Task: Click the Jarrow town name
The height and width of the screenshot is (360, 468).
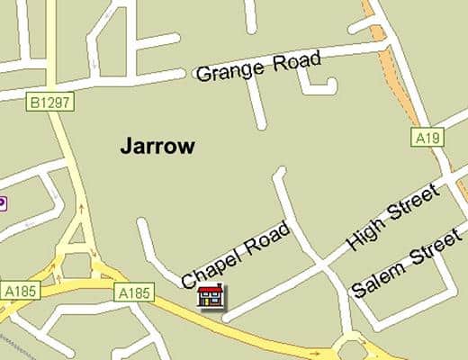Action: coord(157,147)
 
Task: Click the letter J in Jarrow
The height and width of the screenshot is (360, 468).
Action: coord(126,147)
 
